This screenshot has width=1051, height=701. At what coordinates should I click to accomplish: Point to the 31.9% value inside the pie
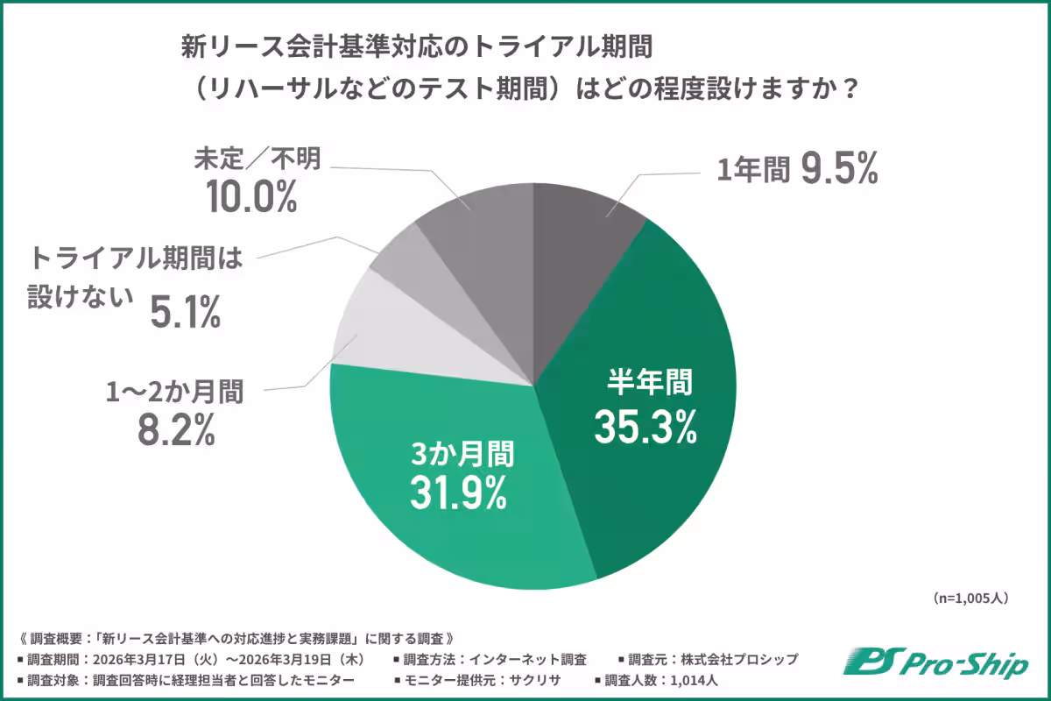[458, 492]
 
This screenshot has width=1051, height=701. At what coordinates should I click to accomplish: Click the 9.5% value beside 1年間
[837, 171]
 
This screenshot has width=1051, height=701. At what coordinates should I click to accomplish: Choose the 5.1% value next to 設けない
[184, 312]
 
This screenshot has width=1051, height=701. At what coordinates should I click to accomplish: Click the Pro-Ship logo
[935, 663]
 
